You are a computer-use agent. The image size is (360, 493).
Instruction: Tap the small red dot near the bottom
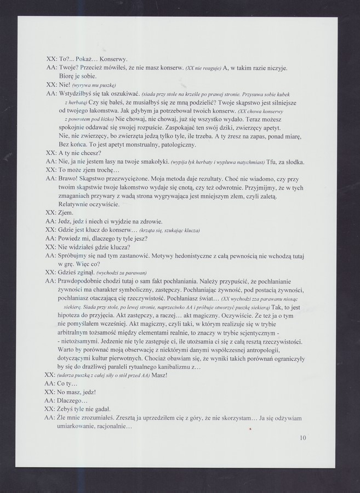click(x=250, y=429)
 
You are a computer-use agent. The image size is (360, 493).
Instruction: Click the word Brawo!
click(x=70, y=178)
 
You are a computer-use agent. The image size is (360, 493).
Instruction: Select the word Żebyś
click(x=69, y=409)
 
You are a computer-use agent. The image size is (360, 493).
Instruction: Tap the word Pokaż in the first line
click(x=87, y=59)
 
